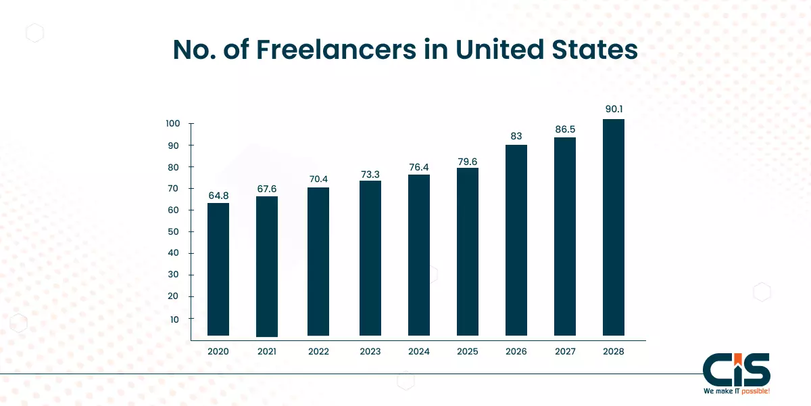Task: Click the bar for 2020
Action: pyautogui.click(x=218, y=269)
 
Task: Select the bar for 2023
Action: pyautogui.click(x=370, y=258)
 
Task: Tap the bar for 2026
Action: pyautogui.click(x=516, y=240)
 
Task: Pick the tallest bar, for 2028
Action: pyautogui.click(x=613, y=227)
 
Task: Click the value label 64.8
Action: pyautogui.click(x=218, y=196)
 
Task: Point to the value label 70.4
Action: pyautogui.click(x=318, y=179)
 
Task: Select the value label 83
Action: pyautogui.click(x=516, y=136)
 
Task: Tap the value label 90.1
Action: pyautogui.click(x=613, y=110)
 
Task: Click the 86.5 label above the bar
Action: pyautogui.click(x=565, y=129)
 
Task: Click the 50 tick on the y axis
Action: pyautogui.click(x=174, y=232)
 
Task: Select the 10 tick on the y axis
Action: pyautogui.click(x=174, y=318)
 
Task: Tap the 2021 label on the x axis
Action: pyautogui.click(x=267, y=352)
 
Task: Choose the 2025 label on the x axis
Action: pyautogui.click(x=467, y=352)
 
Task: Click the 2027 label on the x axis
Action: pyautogui.click(x=565, y=352)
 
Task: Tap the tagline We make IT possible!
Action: pyautogui.click(x=736, y=392)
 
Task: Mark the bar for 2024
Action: pyautogui.click(x=419, y=255)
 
